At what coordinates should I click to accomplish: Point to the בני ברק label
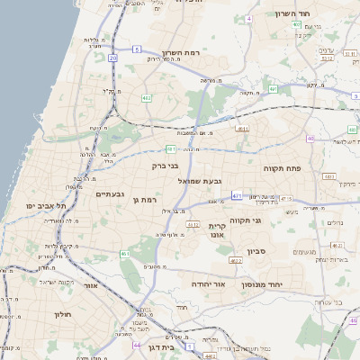pos(166,166)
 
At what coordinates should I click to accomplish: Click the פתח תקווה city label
pos(281,168)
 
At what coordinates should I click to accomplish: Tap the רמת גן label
pos(145,200)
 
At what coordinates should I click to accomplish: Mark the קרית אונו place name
pos(215,231)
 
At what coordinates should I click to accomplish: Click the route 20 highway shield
pos(112,58)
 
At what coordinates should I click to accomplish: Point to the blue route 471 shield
pos(236,194)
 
